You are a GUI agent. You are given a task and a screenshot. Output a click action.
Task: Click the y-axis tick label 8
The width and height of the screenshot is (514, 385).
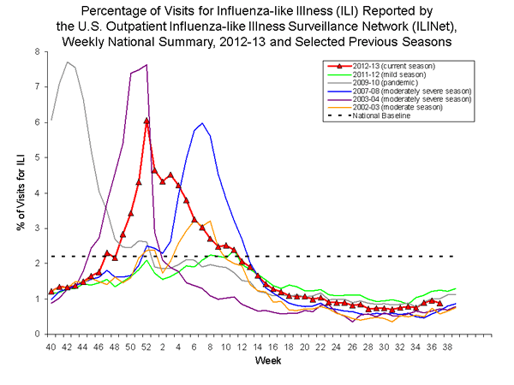[x=37, y=51]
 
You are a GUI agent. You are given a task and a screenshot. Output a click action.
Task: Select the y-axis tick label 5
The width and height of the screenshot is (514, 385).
[x=37, y=157]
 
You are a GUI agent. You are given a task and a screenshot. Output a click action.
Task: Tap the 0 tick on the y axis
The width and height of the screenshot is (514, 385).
[x=37, y=334]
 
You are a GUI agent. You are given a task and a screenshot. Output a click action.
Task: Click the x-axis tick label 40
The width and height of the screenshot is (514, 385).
[x=51, y=346]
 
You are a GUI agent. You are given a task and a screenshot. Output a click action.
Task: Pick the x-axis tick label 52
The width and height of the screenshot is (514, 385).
[x=146, y=346]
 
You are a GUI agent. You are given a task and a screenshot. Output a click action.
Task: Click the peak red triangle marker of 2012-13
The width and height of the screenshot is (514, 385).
[x=146, y=121]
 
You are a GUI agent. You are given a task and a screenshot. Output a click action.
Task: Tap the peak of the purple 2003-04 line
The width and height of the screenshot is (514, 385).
[x=146, y=65]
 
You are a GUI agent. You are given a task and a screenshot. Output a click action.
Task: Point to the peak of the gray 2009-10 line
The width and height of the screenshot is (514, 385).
[x=67, y=62]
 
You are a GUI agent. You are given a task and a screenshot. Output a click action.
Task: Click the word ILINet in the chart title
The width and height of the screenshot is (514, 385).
[x=385, y=25]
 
